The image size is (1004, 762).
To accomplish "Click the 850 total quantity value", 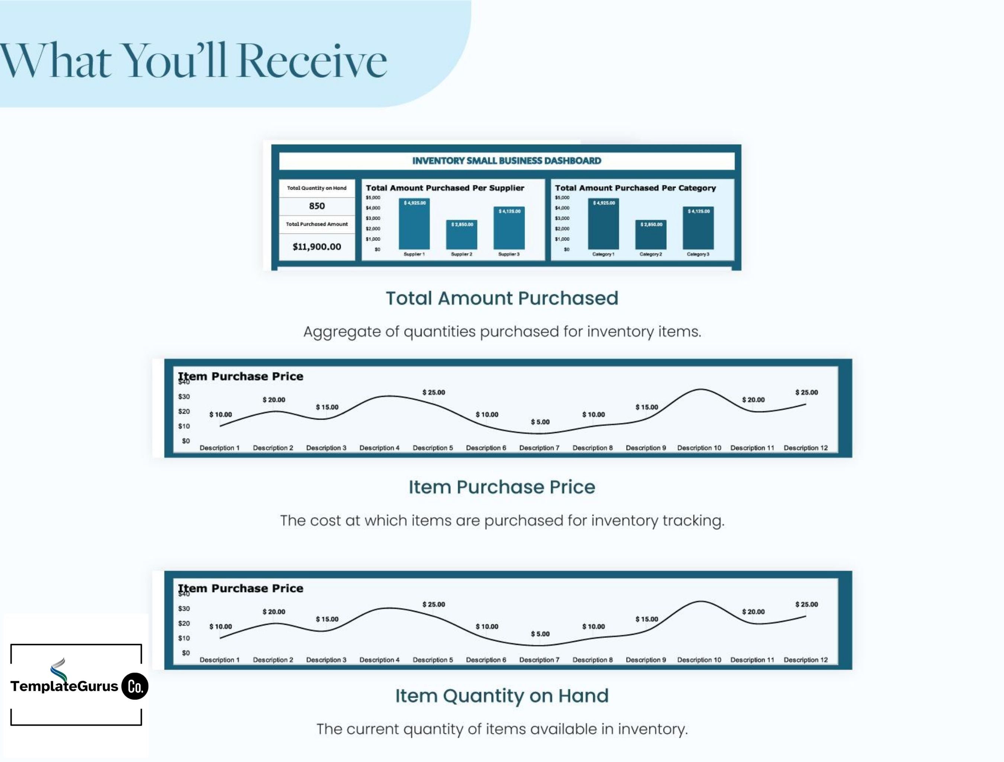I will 317,206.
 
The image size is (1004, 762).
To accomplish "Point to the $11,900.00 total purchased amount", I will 317,246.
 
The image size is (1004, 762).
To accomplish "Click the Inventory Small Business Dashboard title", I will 506,161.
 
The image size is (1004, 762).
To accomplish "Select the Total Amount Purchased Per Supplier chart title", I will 445,188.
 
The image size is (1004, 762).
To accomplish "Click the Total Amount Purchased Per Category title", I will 635,188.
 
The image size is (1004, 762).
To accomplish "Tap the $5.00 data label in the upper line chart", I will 540,422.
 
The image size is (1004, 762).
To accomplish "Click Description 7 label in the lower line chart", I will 539,660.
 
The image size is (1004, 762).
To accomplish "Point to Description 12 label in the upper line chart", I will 806,448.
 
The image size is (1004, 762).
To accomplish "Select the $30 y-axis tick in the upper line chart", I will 184,397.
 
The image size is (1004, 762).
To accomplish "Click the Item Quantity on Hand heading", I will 502,696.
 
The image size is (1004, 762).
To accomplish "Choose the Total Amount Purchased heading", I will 502,298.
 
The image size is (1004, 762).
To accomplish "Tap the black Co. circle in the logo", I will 135,686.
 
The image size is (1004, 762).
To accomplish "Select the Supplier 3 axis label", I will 509,254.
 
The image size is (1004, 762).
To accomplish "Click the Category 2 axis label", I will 650,254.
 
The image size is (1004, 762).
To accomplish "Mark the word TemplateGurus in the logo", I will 64,686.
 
